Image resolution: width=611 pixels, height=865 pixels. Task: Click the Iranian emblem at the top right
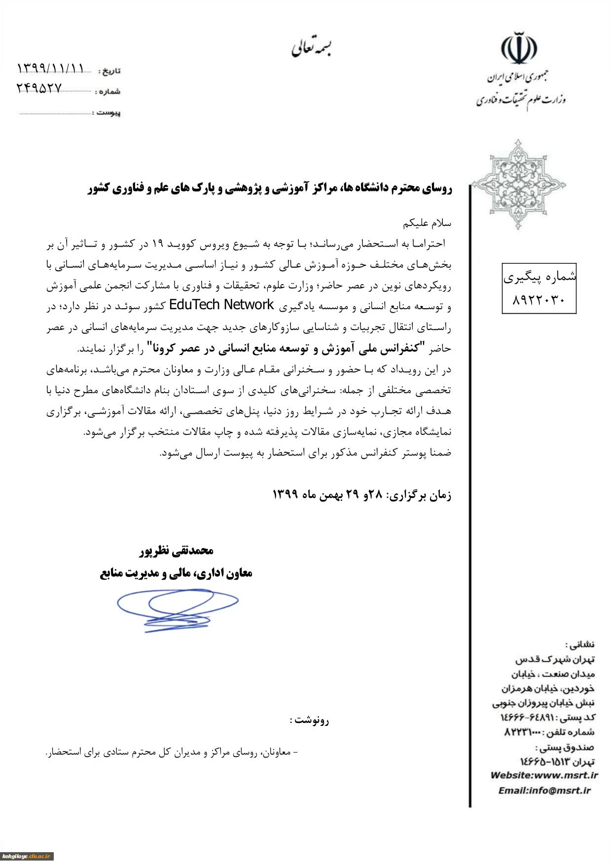point(519,49)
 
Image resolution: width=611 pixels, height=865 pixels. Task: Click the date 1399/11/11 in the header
point(51,69)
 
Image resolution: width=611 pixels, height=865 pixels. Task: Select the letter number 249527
point(39,88)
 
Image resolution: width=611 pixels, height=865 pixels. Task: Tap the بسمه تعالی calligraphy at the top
point(311,47)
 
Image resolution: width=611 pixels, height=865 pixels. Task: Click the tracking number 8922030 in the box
point(539,299)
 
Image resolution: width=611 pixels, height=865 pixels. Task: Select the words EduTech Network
point(221,305)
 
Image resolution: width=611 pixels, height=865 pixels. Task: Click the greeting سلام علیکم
point(427,223)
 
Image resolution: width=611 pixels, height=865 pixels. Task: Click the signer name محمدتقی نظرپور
point(177,550)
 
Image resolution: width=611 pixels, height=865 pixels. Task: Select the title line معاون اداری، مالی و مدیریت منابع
point(176,573)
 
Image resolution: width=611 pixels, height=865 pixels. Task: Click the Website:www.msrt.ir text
point(543,775)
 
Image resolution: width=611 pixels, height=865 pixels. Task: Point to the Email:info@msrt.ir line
point(544,791)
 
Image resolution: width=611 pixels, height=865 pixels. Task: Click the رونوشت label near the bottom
point(309,720)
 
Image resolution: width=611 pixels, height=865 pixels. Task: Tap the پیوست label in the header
point(108,113)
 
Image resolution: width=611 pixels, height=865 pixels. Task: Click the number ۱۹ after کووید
point(157,244)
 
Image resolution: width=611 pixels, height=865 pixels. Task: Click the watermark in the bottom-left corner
point(27,856)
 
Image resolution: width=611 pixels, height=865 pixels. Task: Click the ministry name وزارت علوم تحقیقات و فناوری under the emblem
point(521,100)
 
